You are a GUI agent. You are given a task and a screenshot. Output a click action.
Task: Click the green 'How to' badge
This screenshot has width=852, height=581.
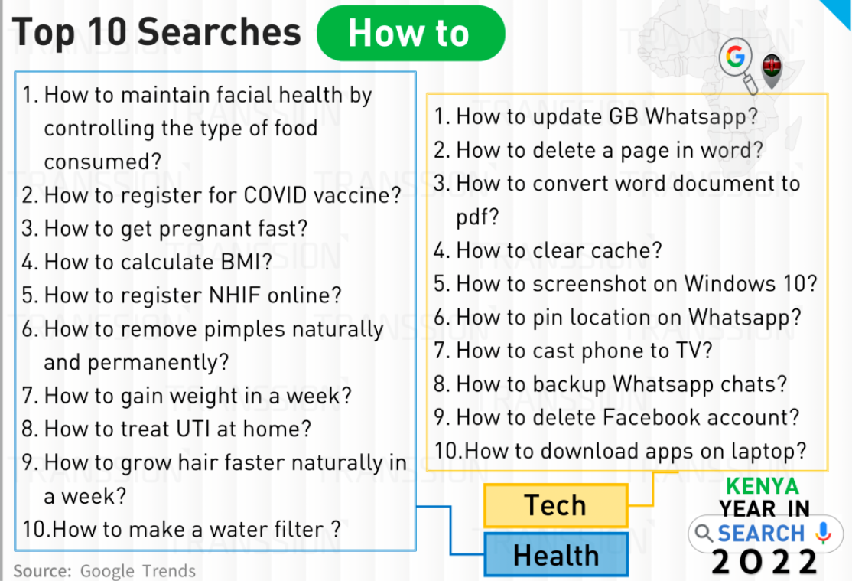tap(411, 33)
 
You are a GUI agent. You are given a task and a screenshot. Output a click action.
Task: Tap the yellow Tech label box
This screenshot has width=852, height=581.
tap(555, 505)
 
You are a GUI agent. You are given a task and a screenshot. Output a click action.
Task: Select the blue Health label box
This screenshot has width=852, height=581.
tap(556, 555)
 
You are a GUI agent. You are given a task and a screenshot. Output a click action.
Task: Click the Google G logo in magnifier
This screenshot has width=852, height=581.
tap(735, 56)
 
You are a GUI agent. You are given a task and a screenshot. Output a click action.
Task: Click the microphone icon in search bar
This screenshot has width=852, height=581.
tap(824, 533)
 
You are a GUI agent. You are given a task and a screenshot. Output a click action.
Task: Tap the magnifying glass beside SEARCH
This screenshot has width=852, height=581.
tap(704, 533)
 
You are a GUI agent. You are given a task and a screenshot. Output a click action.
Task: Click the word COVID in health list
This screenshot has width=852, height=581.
tap(275, 195)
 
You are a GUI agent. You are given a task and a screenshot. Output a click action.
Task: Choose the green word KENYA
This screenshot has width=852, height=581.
tap(763, 486)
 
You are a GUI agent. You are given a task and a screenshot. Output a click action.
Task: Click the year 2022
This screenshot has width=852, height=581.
tap(764, 563)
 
